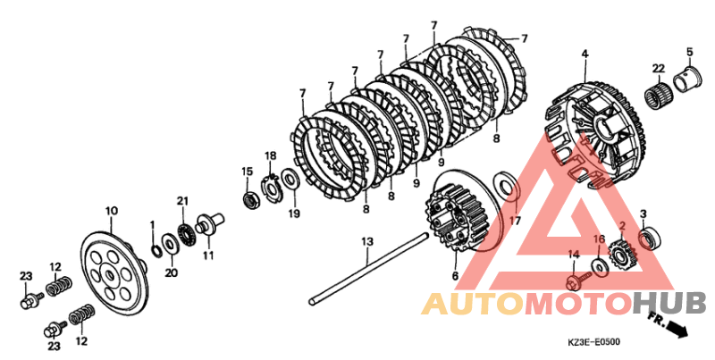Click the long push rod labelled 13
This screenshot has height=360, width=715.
(x=369, y=269)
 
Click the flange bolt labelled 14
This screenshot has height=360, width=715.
(x=578, y=280)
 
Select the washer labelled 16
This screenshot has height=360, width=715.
(x=599, y=267)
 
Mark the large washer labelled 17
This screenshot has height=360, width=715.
(x=506, y=187)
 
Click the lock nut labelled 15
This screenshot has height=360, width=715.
(x=250, y=200)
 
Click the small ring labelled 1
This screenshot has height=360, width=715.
(x=155, y=250)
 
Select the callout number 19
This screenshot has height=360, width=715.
(x=295, y=213)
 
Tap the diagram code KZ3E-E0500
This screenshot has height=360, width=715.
(x=593, y=342)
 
